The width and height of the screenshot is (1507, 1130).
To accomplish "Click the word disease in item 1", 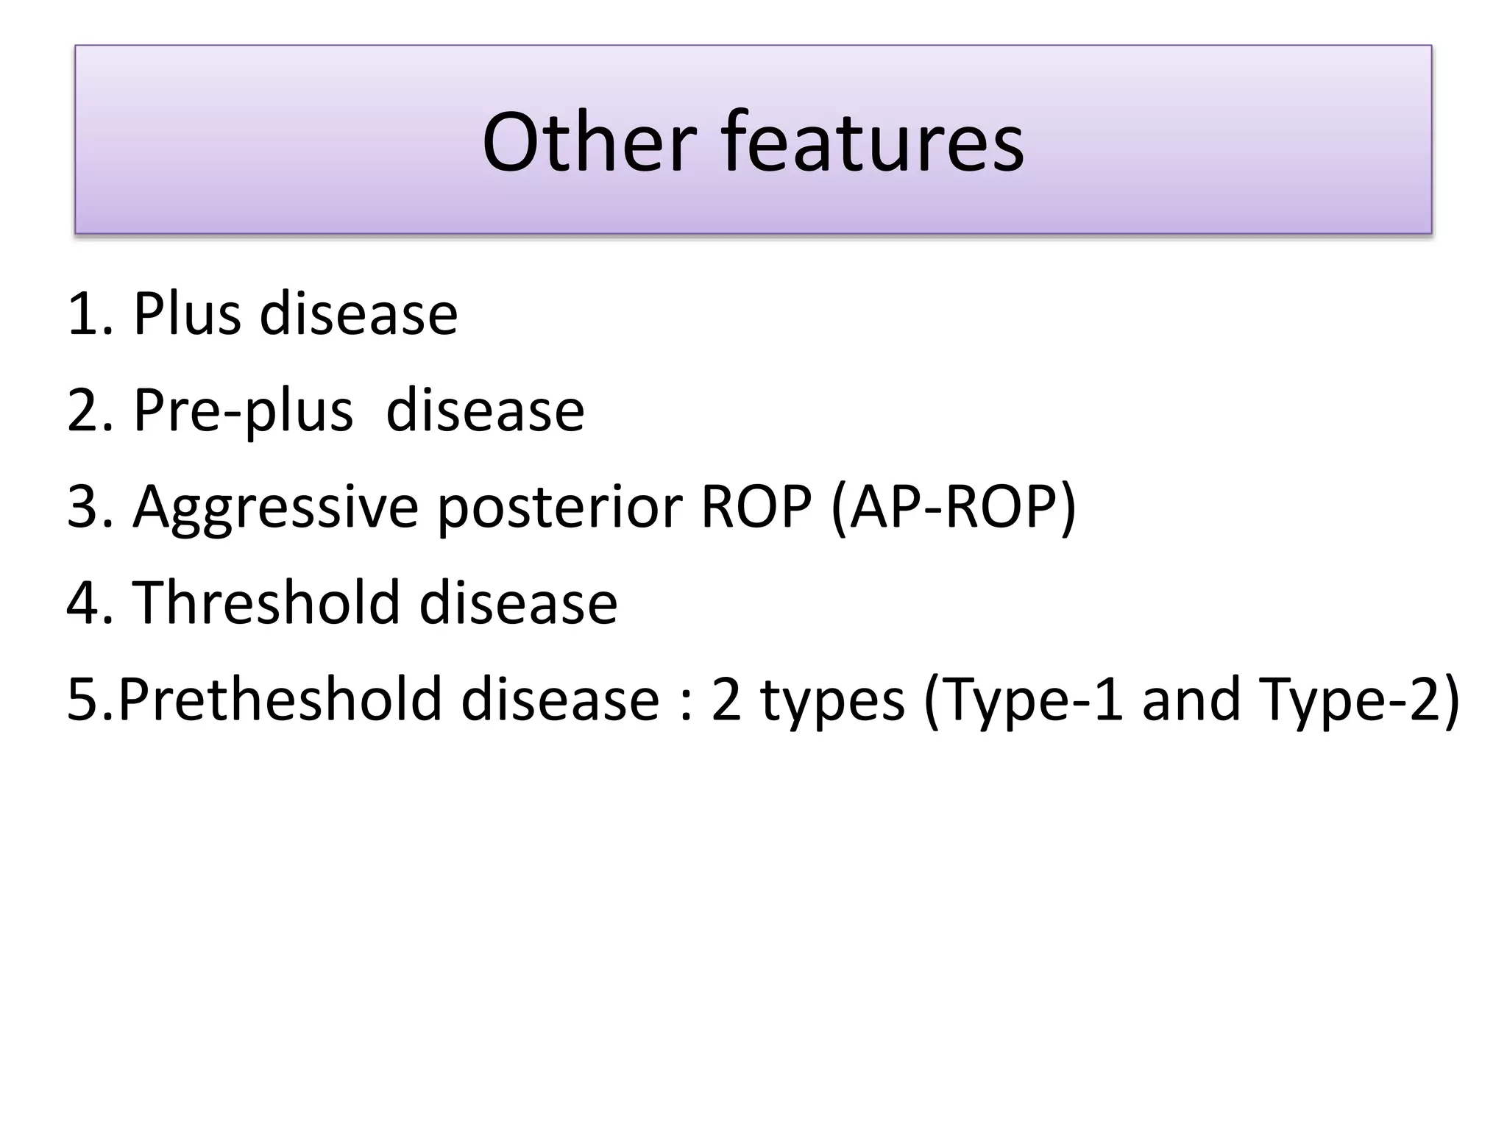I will pyautogui.click(x=358, y=314).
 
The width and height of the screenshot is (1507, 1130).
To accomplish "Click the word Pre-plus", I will pyautogui.click(x=243, y=411).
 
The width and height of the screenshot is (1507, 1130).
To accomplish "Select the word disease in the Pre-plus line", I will pyautogui.click(x=485, y=410).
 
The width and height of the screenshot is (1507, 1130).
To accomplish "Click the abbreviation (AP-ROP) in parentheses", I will pyautogui.click(x=953, y=508).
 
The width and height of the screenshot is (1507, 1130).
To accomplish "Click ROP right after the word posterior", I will pyautogui.click(x=756, y=506).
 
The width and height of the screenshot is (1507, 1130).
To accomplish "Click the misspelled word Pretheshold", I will pyautogui.click(x=280, y=699).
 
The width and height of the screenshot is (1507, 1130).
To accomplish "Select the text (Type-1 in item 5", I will pyautogui.click(x=1023, y=700).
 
